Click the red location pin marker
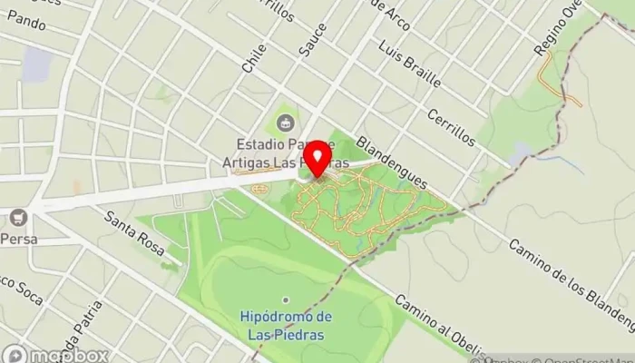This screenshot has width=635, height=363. point(317,160)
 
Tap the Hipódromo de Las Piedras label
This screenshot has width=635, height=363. point(287,324)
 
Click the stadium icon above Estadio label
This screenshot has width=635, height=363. point(285,121)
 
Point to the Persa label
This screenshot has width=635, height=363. point(18,239)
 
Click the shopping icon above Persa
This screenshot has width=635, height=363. point(18,218)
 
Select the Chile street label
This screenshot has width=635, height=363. point(251,60)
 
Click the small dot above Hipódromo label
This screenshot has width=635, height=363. point(286,299)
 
